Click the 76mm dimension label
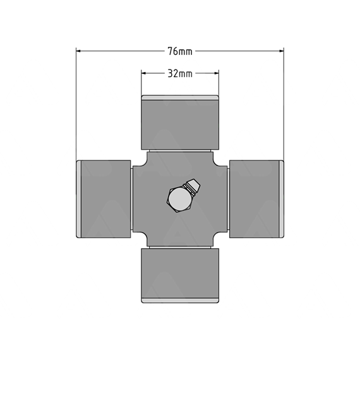click(x=180, y=51)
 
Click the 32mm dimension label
click(x=180, y=74)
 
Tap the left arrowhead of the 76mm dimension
click(x=78, y=51)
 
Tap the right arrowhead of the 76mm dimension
click(x=281, y=51)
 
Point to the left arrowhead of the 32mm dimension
click(x=143, y=73)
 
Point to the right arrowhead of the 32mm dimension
click(x=216, y=73)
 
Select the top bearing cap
click(x=180, y=123)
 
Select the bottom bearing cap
click(x=180, y=275)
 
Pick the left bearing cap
click(x=104, y=199)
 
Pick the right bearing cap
click(x=256, y=199)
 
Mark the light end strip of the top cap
click(x=180, y=98)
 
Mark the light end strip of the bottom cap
click(x=180, y=300)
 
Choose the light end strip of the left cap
click(x=79, y=199)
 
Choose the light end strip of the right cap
click(x=281, y=199)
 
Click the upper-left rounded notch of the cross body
click(x=143, y=162)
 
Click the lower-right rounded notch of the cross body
click(x=217, y=236)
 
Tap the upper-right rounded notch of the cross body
click(x=217, y=162)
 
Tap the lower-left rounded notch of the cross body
click(x=143, y=236)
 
